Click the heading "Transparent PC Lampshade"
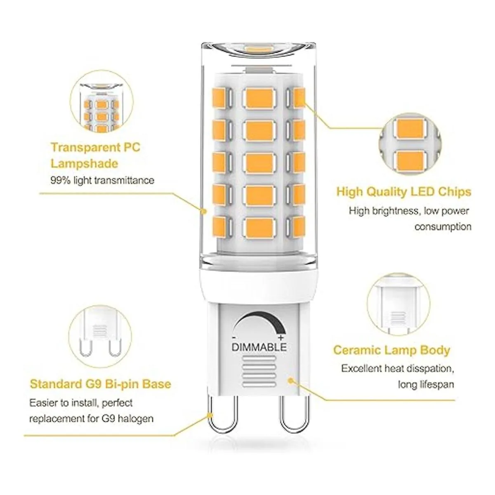[96, 156]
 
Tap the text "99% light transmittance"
[102, 180]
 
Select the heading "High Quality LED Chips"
[404, 192]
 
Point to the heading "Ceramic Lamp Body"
[392, 350]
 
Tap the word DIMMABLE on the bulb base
[259, 347]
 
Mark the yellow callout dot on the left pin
[210, 415]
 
